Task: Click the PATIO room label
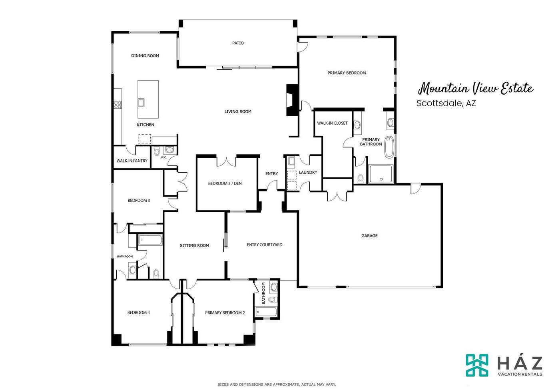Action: coord(238,43)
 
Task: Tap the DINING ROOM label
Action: coord(145,56)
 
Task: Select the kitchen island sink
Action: coord(141,102)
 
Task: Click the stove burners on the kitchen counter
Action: coord(118,105)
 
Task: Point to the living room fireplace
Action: coord(292,100)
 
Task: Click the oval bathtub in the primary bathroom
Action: coord(389,147)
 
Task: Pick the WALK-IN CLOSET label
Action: coord(332,123)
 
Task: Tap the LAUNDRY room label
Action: coord(308,172)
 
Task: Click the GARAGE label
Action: coord(369,236)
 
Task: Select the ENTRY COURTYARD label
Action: coord(265,245)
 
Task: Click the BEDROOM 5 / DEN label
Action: coord(225,183)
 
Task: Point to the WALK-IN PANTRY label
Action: coord(132,161)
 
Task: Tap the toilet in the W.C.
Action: coord(157,151)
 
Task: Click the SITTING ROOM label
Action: coord(194,245)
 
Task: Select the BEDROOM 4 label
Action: coord(138,312)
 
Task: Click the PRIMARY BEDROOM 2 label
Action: coord(225,312)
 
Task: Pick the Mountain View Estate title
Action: coord(476,89)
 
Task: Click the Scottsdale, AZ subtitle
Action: coord(446,103)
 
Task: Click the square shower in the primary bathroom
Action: coord(381,174)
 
